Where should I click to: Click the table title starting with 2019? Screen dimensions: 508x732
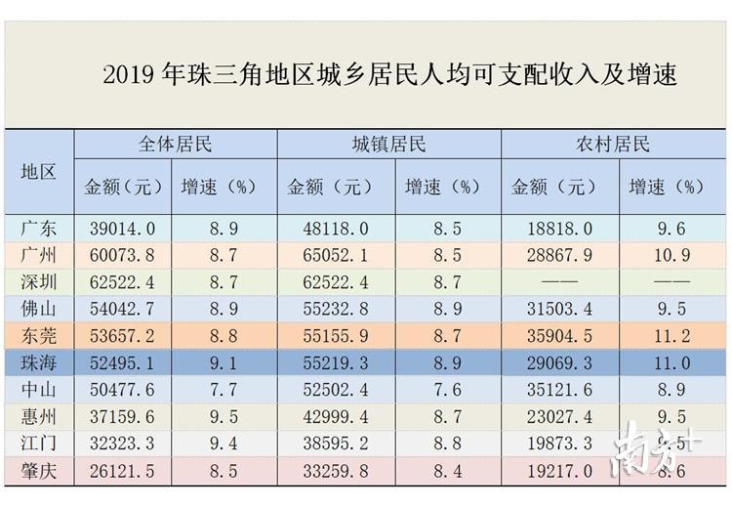click(389, 75)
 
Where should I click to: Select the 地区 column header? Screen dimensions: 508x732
click(39, 171)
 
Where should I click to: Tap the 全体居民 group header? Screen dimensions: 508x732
click(176, 146)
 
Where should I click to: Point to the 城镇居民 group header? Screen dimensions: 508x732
click(389, 146)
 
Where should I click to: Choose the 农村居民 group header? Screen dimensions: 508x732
click(613, 146)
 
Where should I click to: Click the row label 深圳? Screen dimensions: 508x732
click(39, 282)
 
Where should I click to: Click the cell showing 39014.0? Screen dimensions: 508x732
click(121, 229)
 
